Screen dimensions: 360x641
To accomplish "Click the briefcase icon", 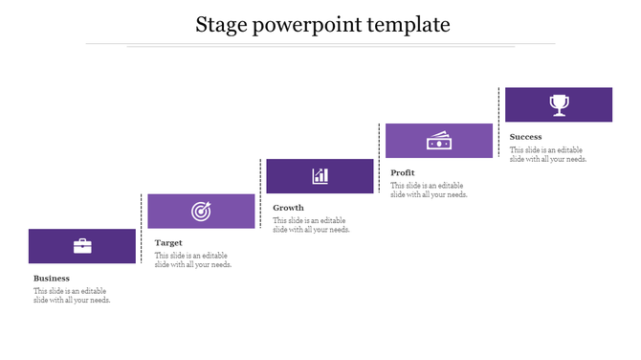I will [x=82, y=246].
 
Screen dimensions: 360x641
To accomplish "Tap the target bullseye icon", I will [x=201, y=211].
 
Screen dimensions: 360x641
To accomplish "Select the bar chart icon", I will [x=320, y=176].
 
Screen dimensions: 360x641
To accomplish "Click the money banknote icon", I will [x=438, y=141].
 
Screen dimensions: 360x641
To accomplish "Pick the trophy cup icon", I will [x=558, y=104].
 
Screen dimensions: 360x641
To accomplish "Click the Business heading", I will [x=52, y=279].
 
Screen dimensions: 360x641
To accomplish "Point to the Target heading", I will [x=168, y=243].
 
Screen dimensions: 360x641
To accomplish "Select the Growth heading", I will [x=288, y=208].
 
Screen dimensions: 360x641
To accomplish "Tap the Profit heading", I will [x=403, y=172].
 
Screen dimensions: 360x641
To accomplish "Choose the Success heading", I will [x=526, y=137].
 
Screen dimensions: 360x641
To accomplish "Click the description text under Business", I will [x=72, y=296].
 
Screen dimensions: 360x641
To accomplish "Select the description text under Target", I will [x=193, y=260].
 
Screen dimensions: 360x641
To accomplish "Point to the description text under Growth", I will [x=311, y=225].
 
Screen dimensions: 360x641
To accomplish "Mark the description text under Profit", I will [x=429, y=190].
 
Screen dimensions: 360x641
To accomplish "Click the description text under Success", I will [x=548, y=154].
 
